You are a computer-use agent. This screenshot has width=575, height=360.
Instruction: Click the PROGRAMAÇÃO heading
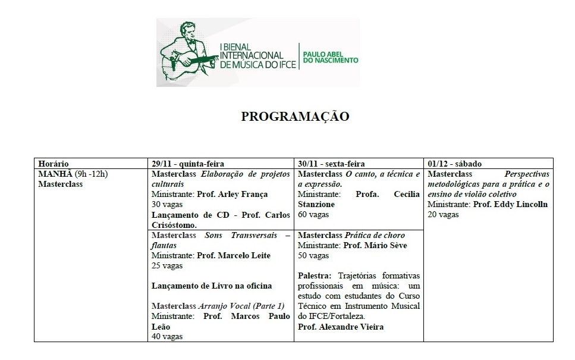[295, 117]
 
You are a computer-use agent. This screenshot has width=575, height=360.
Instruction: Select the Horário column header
[54, 164]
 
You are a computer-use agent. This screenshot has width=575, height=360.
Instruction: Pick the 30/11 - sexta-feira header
[332, 164]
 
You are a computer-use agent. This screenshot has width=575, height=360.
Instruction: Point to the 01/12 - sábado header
[455, 164]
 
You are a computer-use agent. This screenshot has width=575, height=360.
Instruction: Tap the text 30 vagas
[167, 204]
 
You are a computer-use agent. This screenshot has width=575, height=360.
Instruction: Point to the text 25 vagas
[167, 265]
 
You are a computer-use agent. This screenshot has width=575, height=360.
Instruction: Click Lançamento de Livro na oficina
[212, 286]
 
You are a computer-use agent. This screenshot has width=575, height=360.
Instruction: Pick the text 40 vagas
[167, 336]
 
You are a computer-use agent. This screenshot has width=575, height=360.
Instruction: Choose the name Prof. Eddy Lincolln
[510, 204]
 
